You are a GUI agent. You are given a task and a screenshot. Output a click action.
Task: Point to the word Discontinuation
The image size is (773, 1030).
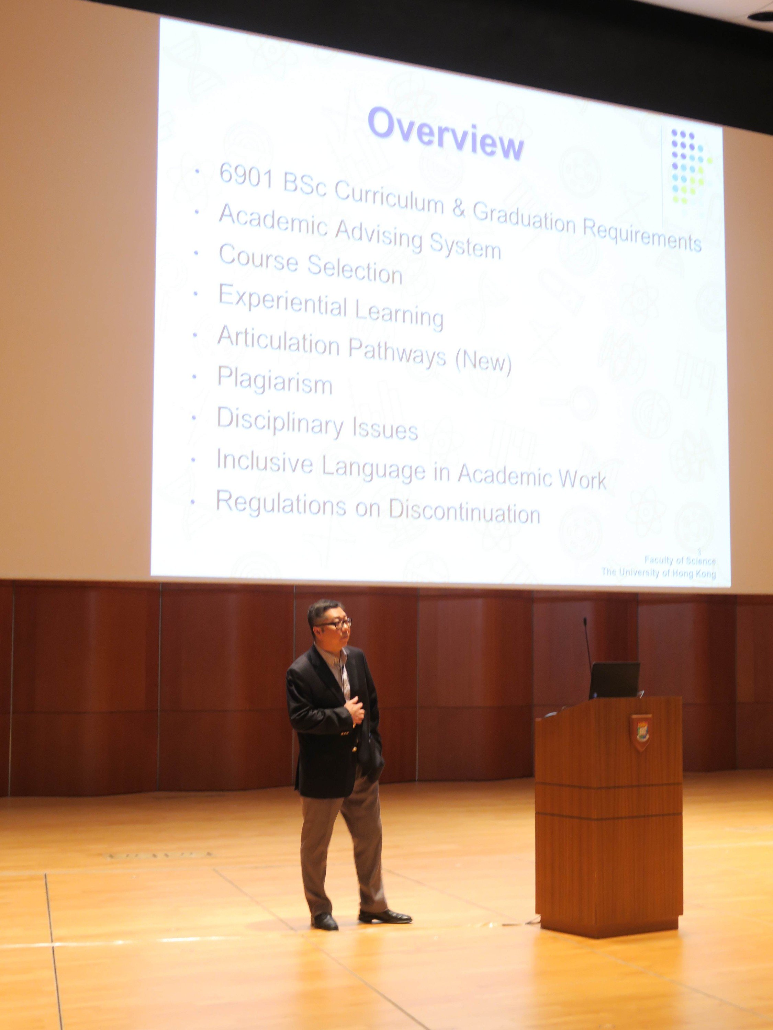[464, 512]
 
